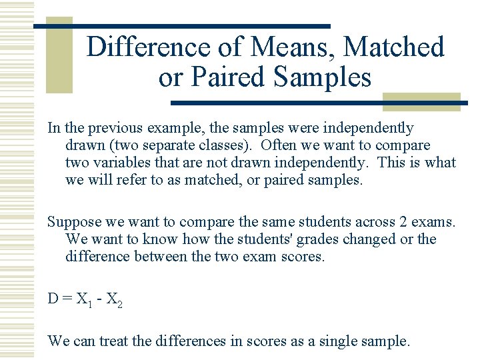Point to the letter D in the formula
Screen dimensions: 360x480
53,299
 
